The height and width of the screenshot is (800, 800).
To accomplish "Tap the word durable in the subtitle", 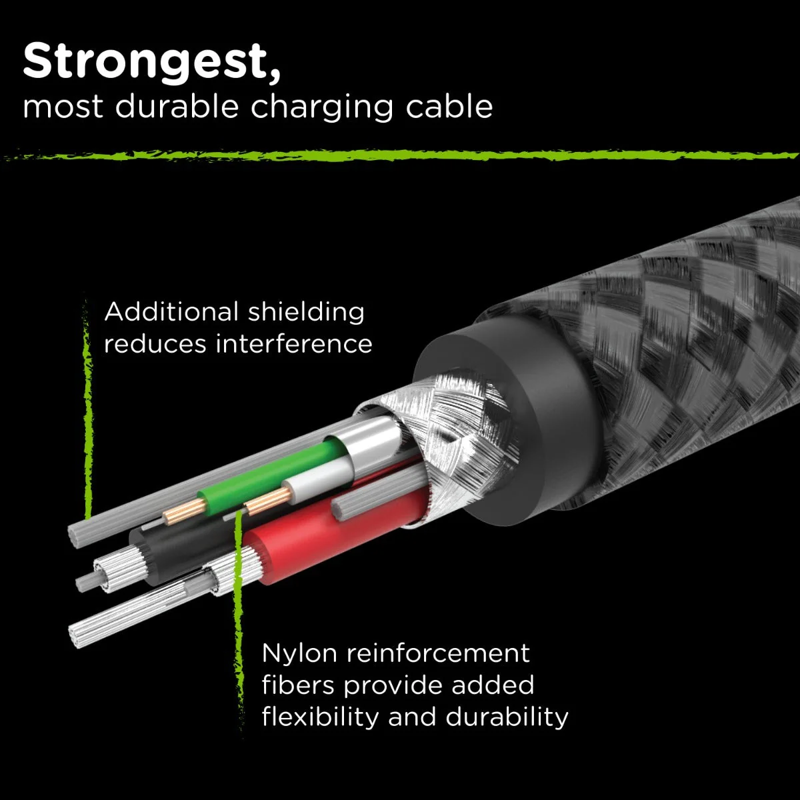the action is click(x=177, y=107).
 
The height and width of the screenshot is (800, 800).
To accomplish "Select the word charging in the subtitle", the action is click(x=322, y=108).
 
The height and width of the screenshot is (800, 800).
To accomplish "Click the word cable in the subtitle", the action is click(x=449, y=107).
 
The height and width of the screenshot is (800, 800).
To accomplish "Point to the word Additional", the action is click(x=171, y=312).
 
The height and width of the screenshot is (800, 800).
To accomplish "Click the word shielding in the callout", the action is click(x=307, y=313).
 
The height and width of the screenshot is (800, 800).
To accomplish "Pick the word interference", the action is click(x=293, y=344).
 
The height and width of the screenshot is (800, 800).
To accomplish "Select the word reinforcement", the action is click(x=438, y=654).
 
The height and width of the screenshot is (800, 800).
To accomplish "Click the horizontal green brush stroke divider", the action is click(x=400, y=156).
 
